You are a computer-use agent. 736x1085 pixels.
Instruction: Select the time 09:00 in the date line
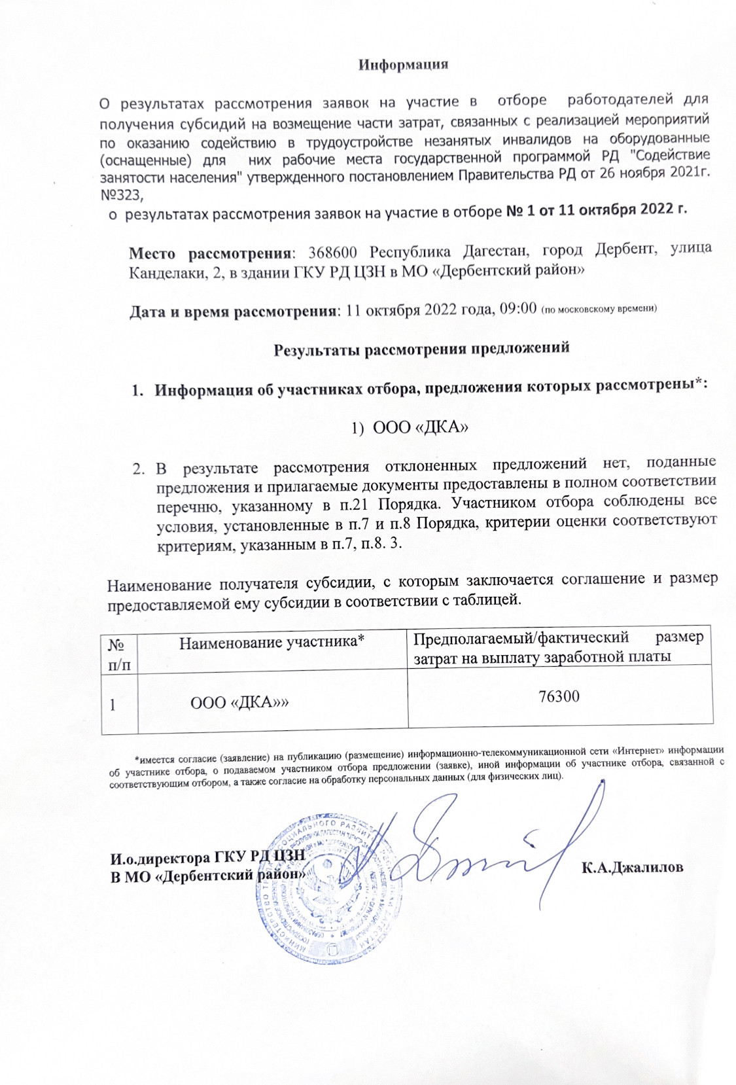click(517, 309)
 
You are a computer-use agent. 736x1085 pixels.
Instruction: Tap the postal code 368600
click(333, 252)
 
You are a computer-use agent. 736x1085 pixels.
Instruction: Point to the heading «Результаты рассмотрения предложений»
click(421, 348)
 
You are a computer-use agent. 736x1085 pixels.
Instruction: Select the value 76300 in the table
click(559, 696)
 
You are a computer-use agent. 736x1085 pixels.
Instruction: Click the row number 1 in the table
click(113, 705)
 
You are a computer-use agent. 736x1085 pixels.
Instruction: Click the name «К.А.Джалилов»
click(632, 868)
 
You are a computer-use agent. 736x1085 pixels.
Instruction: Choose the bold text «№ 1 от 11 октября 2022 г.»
click(597, 211)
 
